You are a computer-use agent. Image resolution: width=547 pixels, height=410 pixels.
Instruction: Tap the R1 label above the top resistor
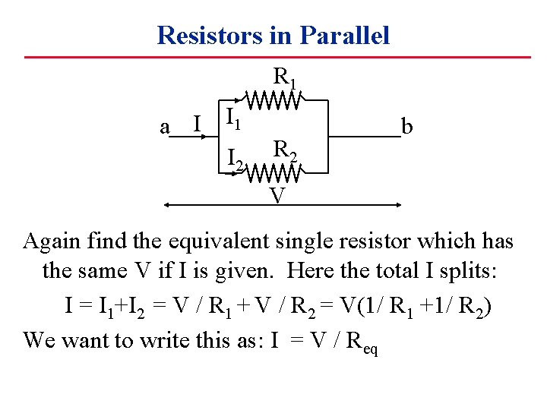[285, 77]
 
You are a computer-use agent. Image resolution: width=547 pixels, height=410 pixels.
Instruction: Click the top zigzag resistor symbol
[272, 99]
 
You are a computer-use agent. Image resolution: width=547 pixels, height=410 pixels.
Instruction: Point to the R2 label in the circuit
[285, 149]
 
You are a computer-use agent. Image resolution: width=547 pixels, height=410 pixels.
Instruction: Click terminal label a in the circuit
[164, 127]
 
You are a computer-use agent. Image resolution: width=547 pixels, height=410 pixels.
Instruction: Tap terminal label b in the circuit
[407, 127]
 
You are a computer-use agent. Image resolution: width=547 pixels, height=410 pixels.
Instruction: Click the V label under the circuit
[277, 196]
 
